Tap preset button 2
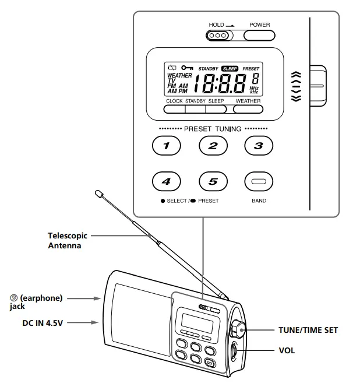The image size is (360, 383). pyautogui.click(x=213, y=146)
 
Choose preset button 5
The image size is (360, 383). pyautogui.click(x=213, y=181)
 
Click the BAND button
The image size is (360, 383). pyautogui.click(x=259, y=181)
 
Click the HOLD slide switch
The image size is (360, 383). pyautogui.click(x=220, y=35)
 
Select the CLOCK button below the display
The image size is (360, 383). pyautogui.click(x=174, y=108)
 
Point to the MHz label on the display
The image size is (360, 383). pyautogui.click(x=254, y=88)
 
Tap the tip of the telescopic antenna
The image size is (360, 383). pyautogui.click(x=98, y=192)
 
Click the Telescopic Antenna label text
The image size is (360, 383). pyautogui.click(x=68, y=241)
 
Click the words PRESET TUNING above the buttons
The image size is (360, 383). pyautogui.click(x=213, y=128)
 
